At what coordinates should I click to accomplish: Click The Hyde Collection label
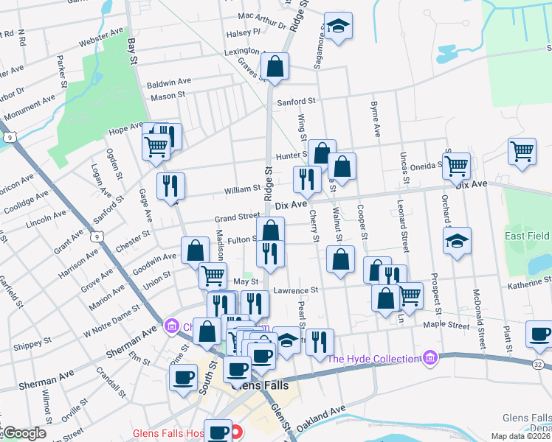(x=373, y=359)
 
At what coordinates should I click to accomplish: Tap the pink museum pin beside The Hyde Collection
(x=430, y=359)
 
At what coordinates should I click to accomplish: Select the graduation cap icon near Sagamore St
(x=338, y=28)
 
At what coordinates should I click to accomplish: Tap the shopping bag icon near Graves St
(x=275, y=66)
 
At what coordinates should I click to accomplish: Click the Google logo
(x=24, y=433)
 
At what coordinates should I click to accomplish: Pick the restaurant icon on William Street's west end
(x=170, y=186)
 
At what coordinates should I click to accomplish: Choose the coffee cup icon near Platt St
(x=539, y=334)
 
